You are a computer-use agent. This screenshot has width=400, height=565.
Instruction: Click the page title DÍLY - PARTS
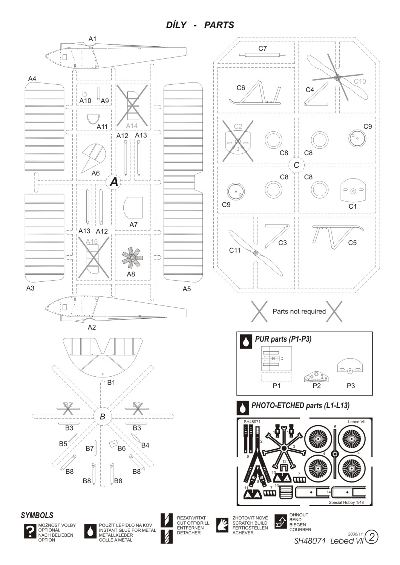point(200,25)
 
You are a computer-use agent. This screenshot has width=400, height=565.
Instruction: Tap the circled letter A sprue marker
point(113,182)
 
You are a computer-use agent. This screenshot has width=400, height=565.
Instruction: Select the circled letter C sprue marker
point(296,165)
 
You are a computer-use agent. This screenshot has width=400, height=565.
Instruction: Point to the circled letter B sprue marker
point(103,417)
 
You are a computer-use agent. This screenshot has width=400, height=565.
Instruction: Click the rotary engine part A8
point(132,258)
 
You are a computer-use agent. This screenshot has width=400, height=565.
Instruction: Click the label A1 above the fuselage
point(92,39)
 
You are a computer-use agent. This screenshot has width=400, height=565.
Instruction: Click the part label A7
point(133,224)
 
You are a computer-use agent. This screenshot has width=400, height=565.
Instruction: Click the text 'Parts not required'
point(299,312)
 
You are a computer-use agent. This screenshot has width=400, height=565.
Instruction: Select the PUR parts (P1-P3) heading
point(283,339)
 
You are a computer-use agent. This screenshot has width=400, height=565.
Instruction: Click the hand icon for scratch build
point(223,525)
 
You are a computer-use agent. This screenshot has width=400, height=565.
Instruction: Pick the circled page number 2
point(371,537)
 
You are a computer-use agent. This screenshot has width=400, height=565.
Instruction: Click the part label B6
point(121,448)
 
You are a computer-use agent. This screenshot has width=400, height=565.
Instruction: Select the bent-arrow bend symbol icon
point(281,521)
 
